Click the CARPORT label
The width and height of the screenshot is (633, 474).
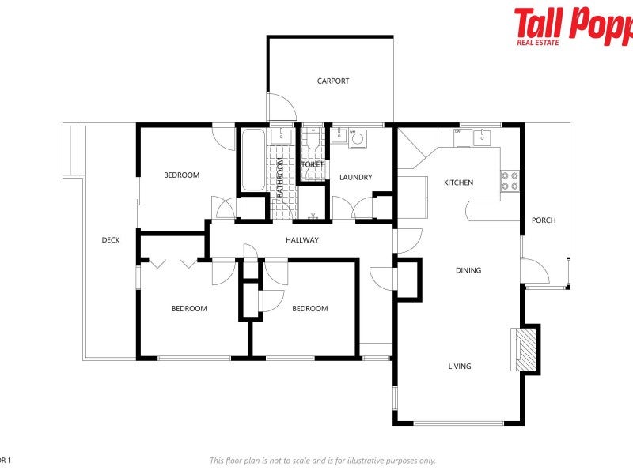coord(333,81)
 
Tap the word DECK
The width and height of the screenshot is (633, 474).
coord(111,240)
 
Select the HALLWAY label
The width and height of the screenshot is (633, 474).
coord(302,240)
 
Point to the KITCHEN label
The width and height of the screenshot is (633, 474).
coord(458,182)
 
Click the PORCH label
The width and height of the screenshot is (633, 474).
coord(543,220)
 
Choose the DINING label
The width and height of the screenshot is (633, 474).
coord(468,270)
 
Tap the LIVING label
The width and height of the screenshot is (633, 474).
coord(460,366)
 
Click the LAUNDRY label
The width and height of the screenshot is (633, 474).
coord(355,177)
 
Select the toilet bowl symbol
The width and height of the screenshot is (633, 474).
coord(313,141)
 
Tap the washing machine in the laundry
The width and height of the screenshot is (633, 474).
coord(358,139)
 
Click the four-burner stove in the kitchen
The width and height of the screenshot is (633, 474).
coord(510,182)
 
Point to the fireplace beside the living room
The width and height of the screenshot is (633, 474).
coord(525,348)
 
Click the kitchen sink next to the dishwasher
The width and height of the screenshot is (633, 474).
coord(482,137)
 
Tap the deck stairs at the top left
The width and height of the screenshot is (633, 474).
coord(73,150)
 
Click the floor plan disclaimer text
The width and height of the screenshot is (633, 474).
coord(322,461)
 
